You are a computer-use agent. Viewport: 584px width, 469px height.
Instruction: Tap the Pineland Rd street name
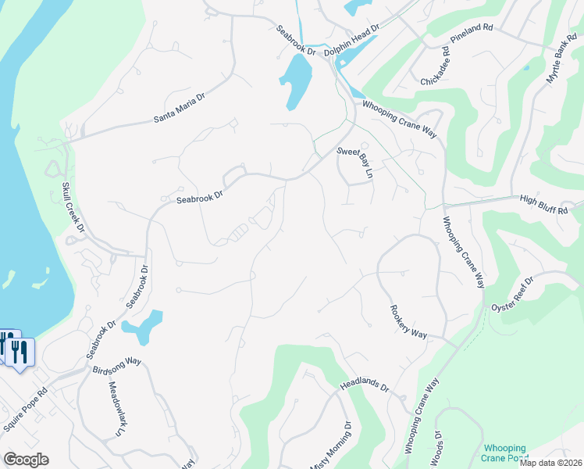(x=472, y=38)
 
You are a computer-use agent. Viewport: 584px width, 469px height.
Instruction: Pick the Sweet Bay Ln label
(x=355, y=162)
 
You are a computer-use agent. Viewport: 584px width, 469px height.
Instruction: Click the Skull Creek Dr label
(x=72, y=208)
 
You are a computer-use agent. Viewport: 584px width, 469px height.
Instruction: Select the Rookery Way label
(x=408, y=321)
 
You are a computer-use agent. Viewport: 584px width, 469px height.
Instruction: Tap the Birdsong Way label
(x=116, y=365)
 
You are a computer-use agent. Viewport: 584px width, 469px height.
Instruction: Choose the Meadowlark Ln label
(x=115, y=408)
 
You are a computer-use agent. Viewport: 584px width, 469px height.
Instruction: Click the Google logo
(x=26, y=460)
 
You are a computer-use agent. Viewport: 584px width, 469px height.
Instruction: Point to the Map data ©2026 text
(x=550, y=463)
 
